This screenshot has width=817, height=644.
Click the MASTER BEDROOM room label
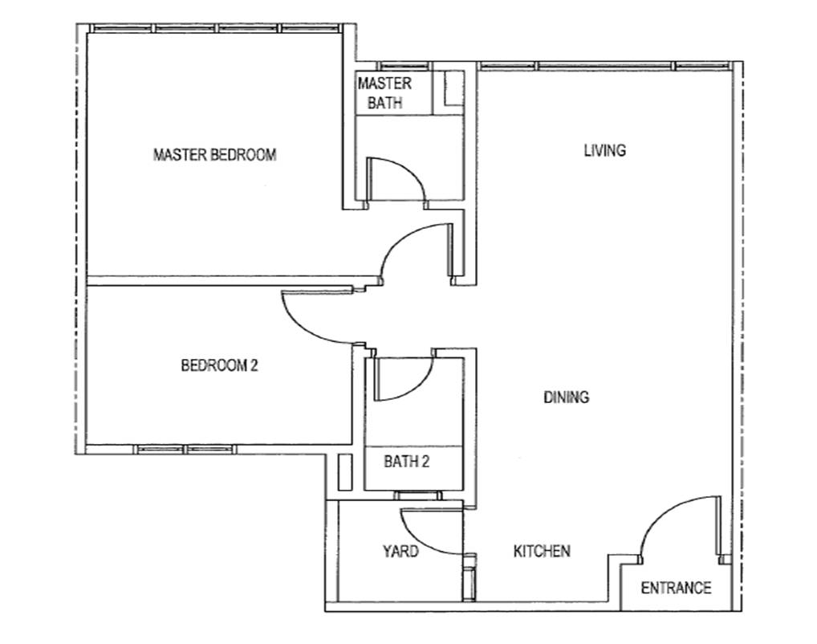(214, 155)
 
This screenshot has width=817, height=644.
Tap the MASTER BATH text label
(384, 93)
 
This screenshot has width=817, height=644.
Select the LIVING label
(604, 150)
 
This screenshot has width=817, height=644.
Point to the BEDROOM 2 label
(219, 366)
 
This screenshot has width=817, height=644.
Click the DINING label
(566, 397)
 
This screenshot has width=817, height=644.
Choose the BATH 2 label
(407, 462)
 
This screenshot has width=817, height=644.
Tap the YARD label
(400, 552)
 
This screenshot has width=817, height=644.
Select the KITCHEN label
(542, 552)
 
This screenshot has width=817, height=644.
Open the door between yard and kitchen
(429, 532)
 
